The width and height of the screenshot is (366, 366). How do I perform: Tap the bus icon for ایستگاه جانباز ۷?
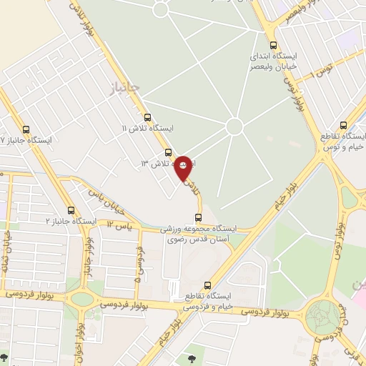coord(26,130)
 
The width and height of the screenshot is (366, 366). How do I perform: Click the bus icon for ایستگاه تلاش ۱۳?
coord(168,152)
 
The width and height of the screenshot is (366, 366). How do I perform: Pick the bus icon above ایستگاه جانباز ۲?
coord(70,211)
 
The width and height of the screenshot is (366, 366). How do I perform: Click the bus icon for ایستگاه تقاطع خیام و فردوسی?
coord(208,285)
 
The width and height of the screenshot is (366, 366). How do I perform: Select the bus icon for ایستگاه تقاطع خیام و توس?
coord(344,124)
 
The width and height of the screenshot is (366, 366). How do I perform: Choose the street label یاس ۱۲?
coord(119,226)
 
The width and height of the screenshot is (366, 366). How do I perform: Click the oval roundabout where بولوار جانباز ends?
coord(82,299)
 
